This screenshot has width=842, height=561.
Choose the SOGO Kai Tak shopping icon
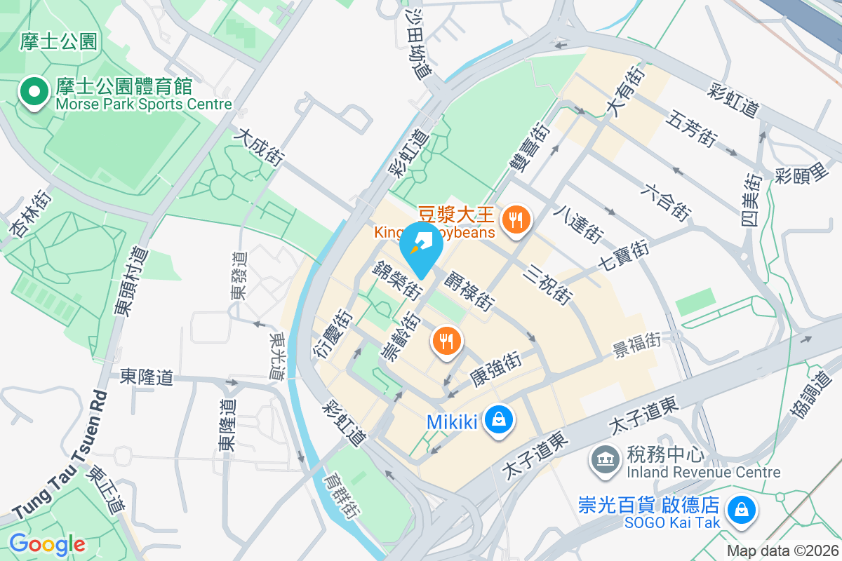740,509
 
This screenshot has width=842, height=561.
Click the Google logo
47,543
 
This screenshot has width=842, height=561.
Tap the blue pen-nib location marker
421,245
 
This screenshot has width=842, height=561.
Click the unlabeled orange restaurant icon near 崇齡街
445,341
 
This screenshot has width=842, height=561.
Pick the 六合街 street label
666,199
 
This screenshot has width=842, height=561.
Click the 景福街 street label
637,344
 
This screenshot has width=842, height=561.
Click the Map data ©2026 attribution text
782,550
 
